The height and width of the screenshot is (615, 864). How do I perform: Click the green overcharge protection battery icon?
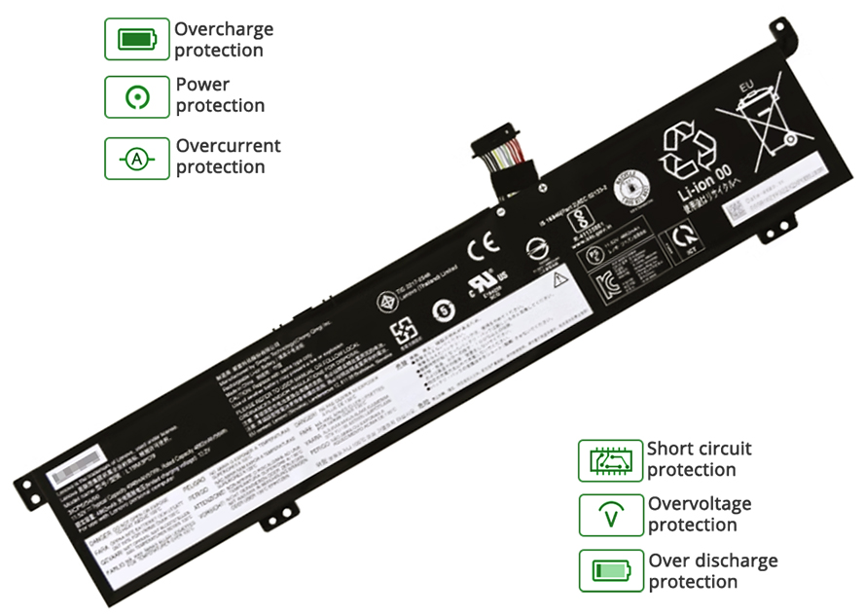[x=136, y=39]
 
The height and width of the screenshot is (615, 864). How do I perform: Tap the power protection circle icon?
[x=136, y=96]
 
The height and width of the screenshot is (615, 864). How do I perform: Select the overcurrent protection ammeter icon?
[x=136, y=158]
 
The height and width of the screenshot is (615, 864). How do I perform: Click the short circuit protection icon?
[x=610, y=460]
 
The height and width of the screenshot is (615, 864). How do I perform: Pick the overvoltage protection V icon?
[x=610, y=516]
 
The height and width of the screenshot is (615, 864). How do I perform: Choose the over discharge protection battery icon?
[x=610, y=571]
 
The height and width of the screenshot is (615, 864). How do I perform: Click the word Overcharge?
[x=224, y=29]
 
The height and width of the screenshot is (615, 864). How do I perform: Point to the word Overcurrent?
[x=228, y=146]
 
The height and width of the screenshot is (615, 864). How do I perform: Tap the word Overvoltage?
[x=700, y=504]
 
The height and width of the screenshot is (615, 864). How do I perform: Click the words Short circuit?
[x=700, y=449]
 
